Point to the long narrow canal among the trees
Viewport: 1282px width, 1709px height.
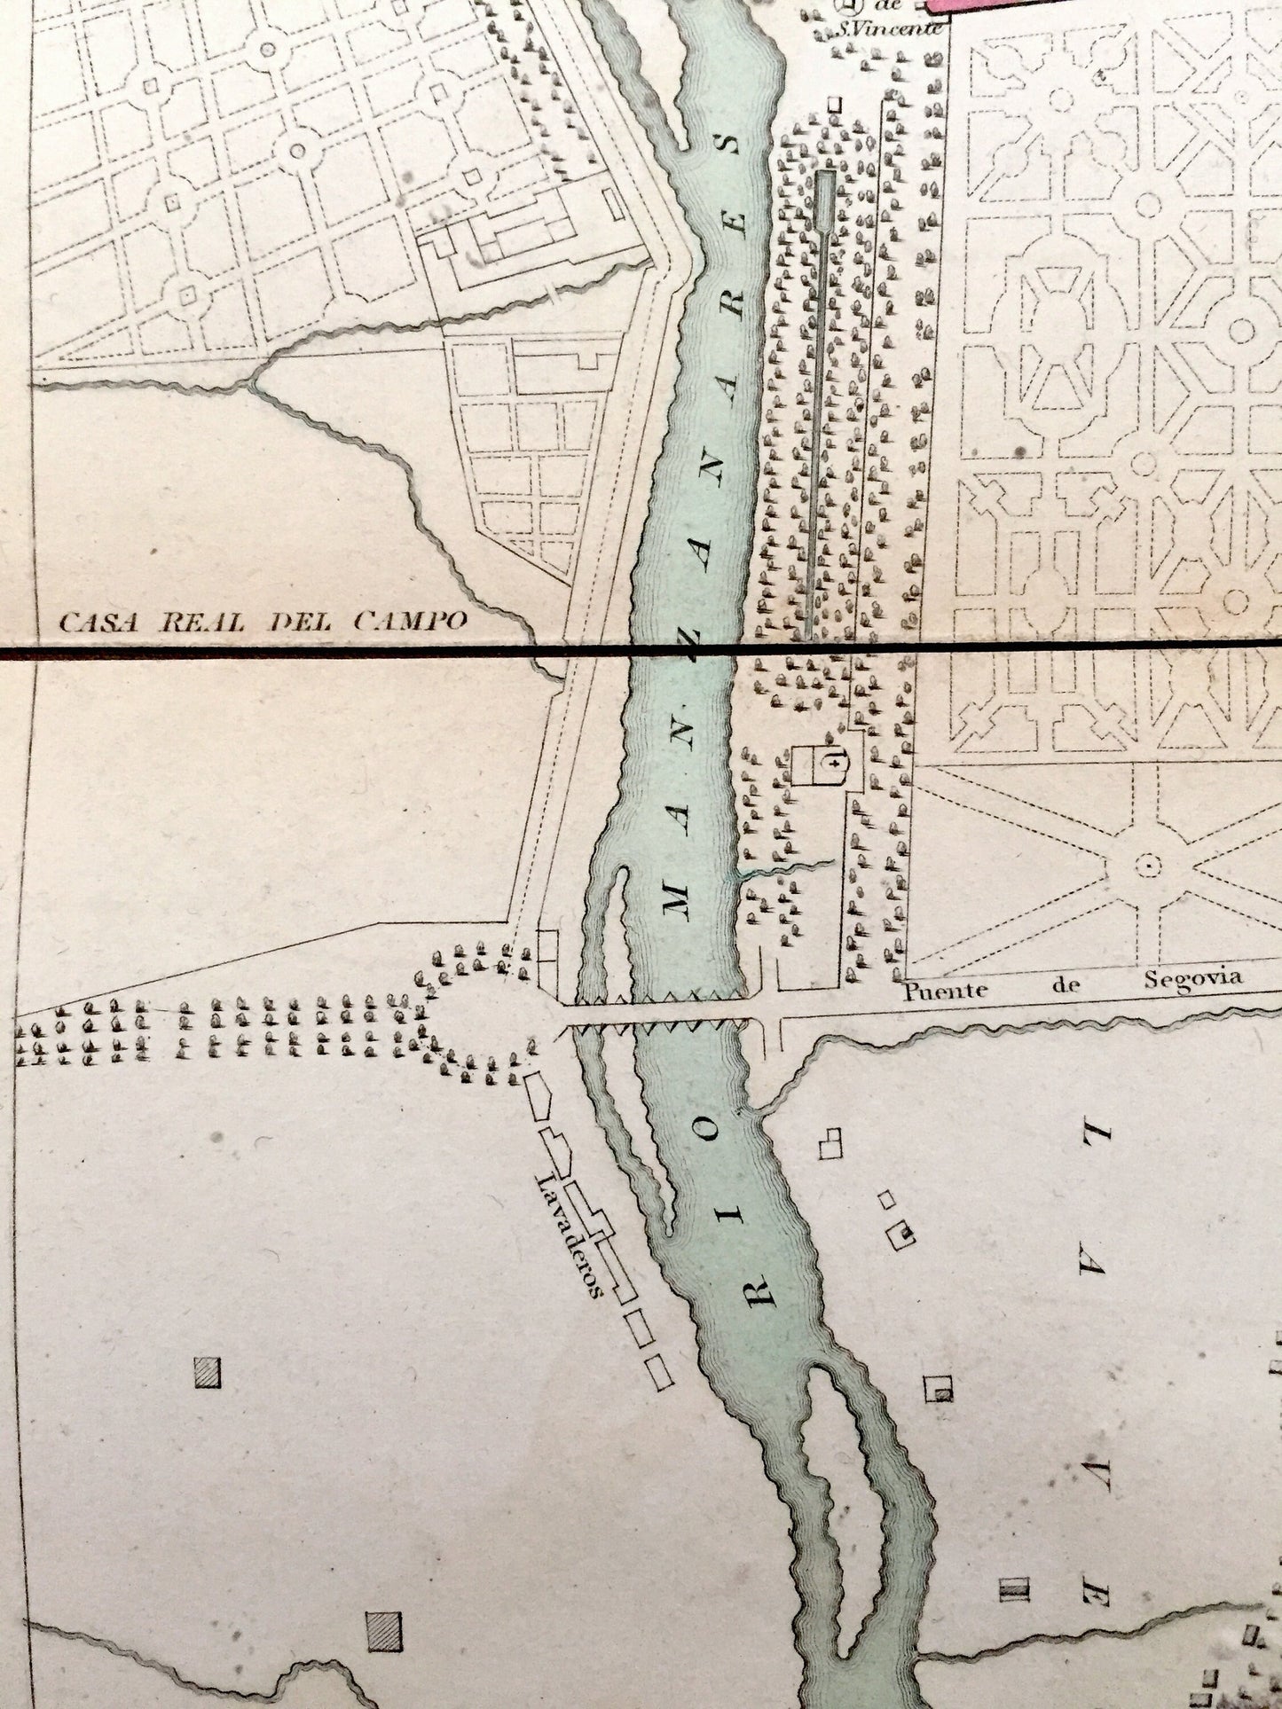[x=822, y=399]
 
